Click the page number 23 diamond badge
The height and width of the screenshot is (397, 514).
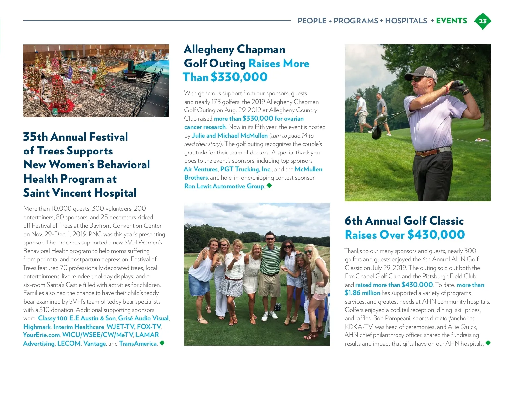pyautogui.click(x=483, y=21)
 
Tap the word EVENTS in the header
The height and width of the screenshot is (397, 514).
pyautogui.click(x=451, y=21)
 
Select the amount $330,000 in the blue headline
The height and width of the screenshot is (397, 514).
pyautogui.click(x=239, y=77)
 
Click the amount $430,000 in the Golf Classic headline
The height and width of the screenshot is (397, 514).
pyautogui.click(x=436, y=235)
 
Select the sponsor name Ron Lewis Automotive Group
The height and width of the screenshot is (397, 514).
pyautogui.click(x=224, y=186)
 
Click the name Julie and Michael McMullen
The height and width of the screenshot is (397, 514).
pyautogui.click(x=230, y=136)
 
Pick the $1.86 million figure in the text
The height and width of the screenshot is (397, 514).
pyautogui.click(x=362, y=293)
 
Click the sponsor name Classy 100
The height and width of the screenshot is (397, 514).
pyautogui.click(x=53, y=318)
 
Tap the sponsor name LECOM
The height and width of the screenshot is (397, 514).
pyautogui.click(x=69, y=344)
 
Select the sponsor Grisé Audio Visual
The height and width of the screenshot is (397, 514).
pyautogui.click(x=143, y=318)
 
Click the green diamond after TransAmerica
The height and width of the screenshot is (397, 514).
pyautogui.click(x=162, y=343)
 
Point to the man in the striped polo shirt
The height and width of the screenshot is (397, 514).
pyautogui.click(x=270, y=261)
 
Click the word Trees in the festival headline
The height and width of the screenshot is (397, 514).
pyautogui.click(x=50, y=151)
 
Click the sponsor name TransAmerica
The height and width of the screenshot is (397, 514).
pyautogui.click(x=138, y=344)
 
